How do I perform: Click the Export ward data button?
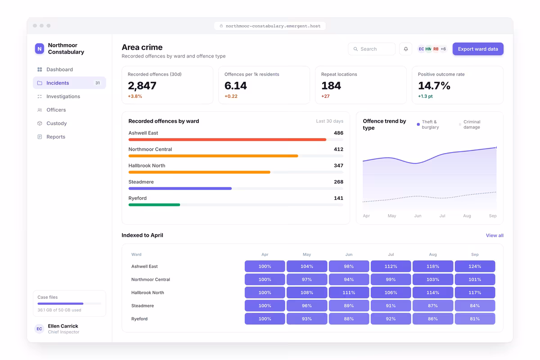point(478,49)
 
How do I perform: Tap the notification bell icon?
point(406,49)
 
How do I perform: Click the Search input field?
point(372,49)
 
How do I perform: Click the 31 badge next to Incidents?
point(97,83)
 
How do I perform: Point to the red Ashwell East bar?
point(227,139)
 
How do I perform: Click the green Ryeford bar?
point(154,205)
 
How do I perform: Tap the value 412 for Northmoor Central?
point(338,149)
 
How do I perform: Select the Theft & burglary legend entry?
point(428,124)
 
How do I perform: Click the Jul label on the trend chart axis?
point(442,216)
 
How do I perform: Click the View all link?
point(495,235)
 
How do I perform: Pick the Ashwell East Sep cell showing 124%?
point(475,266)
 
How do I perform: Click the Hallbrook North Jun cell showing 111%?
point(349,292)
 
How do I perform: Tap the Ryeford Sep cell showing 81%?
point(475,319)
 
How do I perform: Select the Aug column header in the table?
point(433,254)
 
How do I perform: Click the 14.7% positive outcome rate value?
point(434,85)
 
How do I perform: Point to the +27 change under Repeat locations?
point(325,96)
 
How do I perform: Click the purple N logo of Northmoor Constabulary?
point(40,49)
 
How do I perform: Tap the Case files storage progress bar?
point(69,304)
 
